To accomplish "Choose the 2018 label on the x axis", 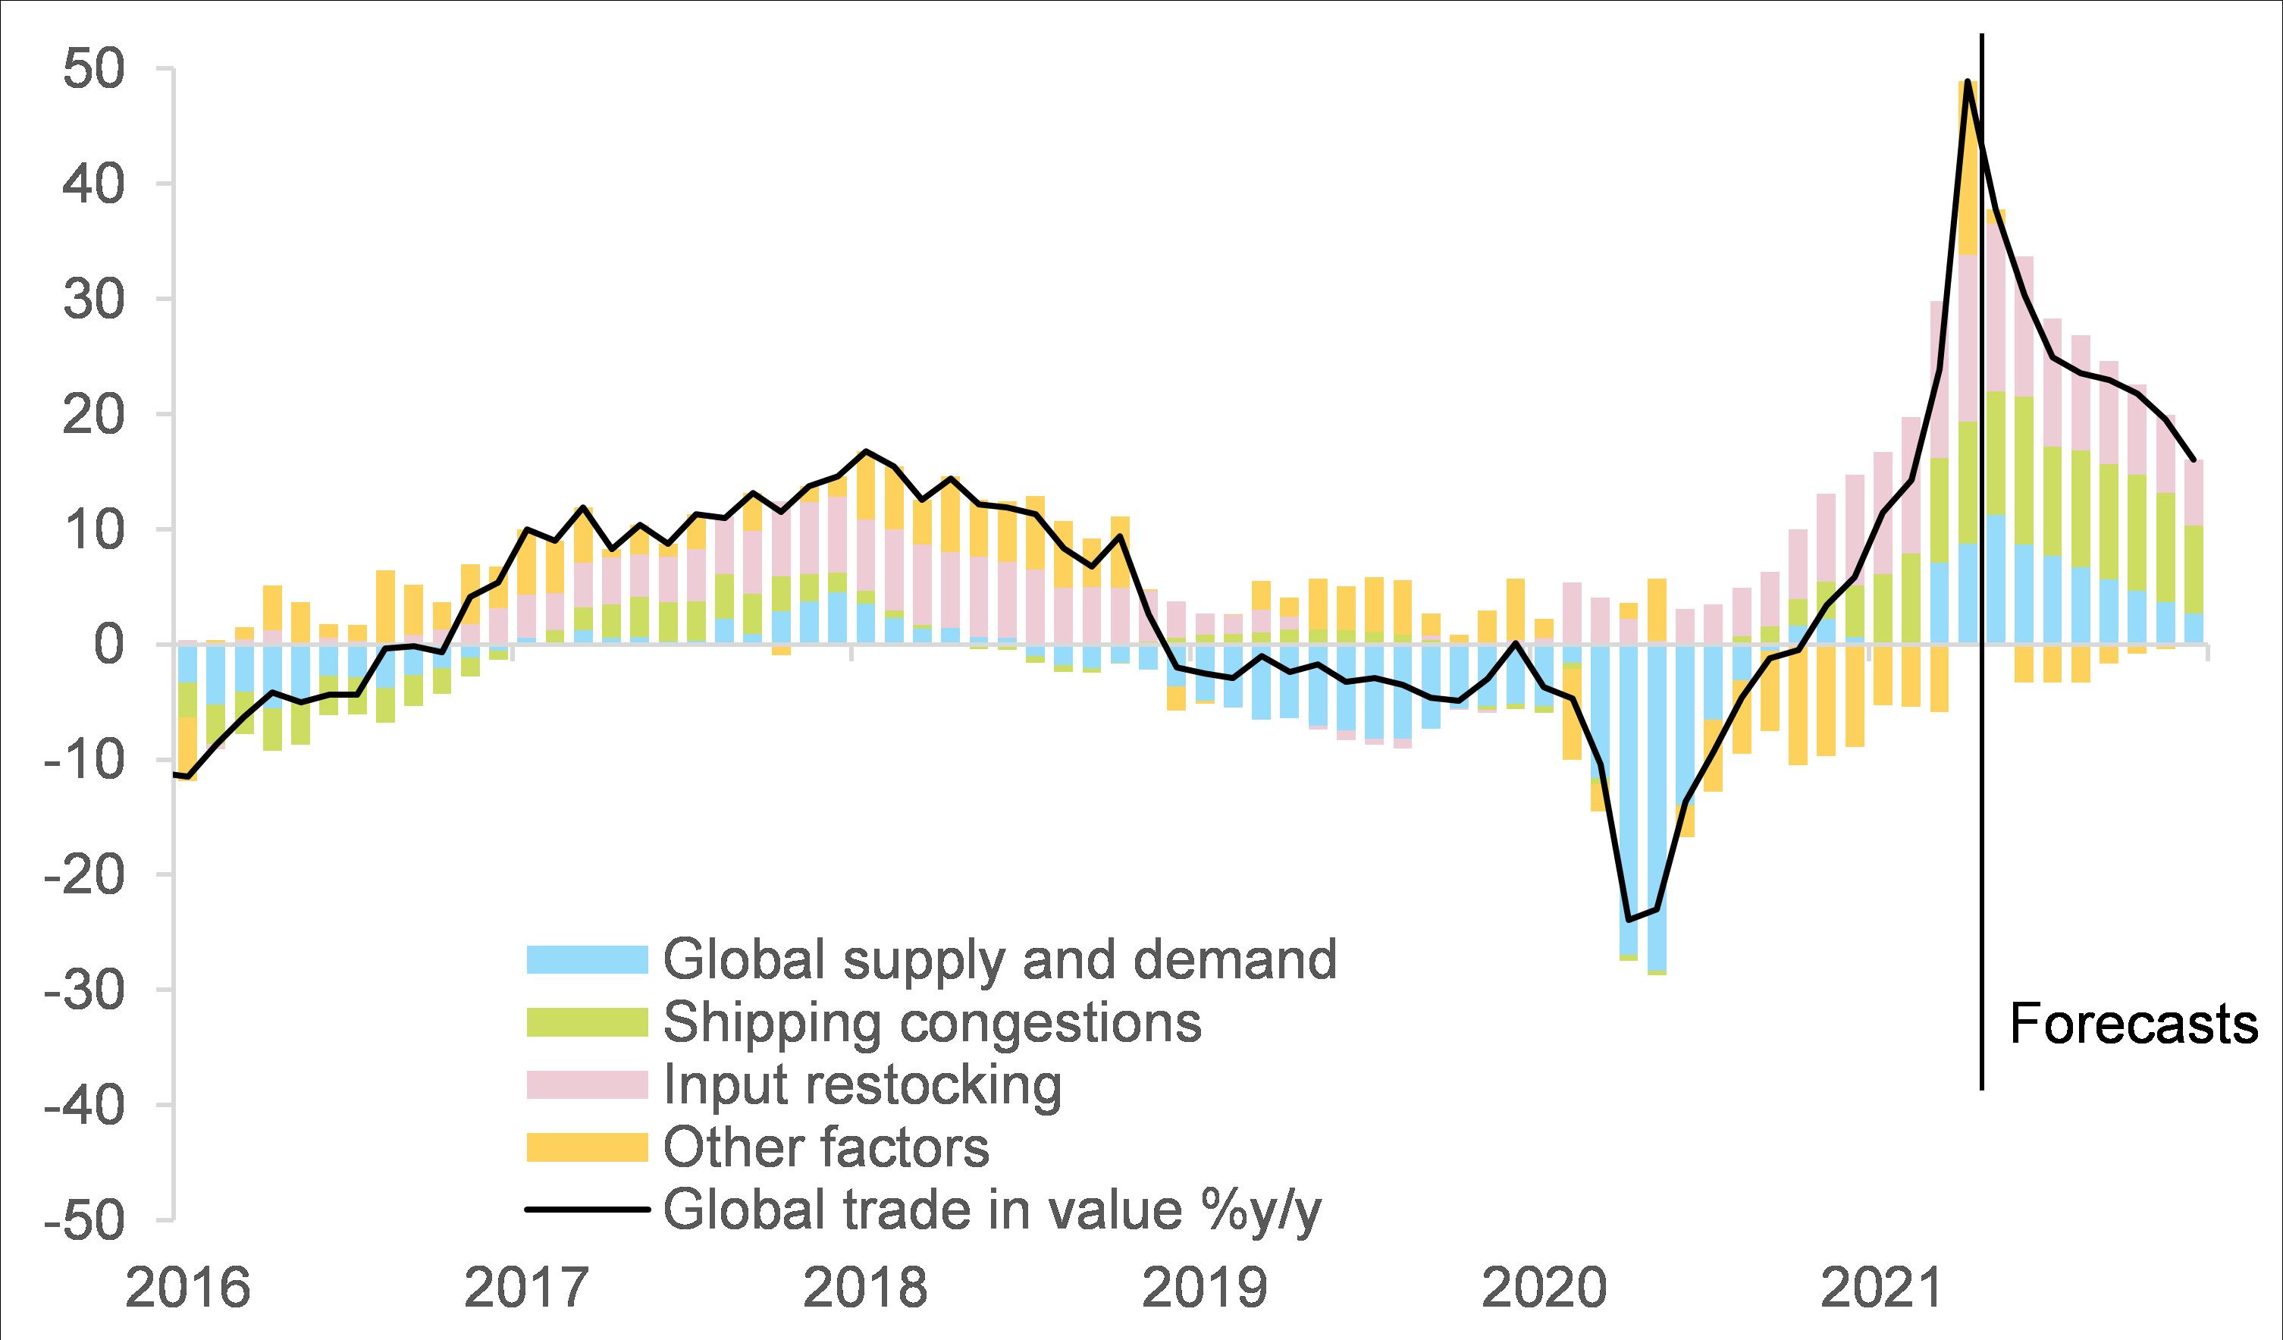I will [x=865, y=1289].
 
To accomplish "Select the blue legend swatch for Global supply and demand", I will [x=587, y=959].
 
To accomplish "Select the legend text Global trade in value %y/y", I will [x=992, y=1210].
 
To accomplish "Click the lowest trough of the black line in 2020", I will [x=1629, y=920].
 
